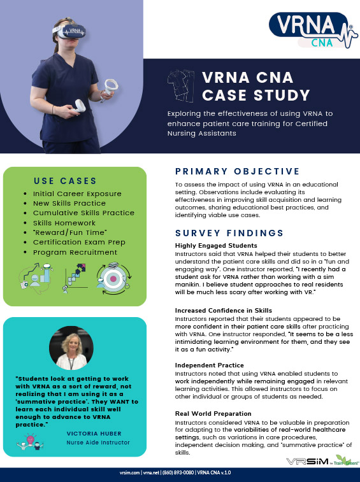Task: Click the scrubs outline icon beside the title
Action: (181, 86)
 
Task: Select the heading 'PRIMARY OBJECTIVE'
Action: (236, 171)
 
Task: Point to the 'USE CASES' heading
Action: (66, 181)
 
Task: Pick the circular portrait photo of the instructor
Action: (71, 347)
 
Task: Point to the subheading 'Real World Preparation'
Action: (213, 414)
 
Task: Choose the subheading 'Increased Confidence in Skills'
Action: (222, 310)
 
